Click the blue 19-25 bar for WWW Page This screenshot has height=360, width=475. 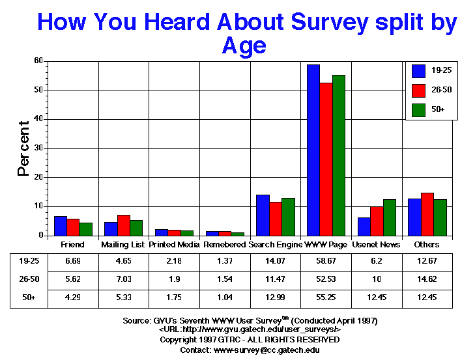[x=313, y=150]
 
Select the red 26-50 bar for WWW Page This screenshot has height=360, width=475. [x=326, y=159]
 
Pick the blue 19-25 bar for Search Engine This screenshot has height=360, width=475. [x=263, y=215]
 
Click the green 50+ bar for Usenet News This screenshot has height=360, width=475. [x=390, y=217]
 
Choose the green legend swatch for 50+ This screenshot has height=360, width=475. [x=418, y=108]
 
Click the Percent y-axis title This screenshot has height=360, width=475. [x=24, y=148]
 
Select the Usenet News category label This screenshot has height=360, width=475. [x=377, y=245]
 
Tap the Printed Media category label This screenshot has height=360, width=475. [x=174, y=245]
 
